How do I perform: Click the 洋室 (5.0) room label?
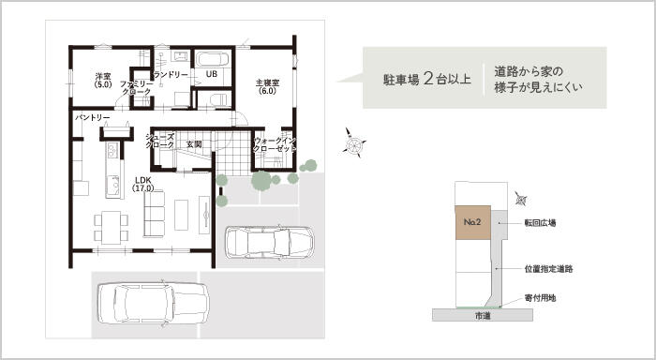pos(103,80)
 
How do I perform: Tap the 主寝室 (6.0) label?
pos(267,86)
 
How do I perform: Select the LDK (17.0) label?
pos(143,184)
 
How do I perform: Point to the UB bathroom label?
pos(212,74)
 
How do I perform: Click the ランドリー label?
pos(171,75)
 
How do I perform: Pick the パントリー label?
pos(93,118)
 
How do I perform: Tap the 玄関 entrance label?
pos(194,144)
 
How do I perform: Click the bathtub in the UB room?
pos(213,59)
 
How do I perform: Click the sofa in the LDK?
pos(154,214)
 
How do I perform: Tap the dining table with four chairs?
pos(111,228)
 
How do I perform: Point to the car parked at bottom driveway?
pos(153,304)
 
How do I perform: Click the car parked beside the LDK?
pos(269,243)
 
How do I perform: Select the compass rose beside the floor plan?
pos(355,143)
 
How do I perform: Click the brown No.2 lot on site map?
pos(472,223)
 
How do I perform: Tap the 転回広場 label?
pos(540,223)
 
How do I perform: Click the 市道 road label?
pos(483,316)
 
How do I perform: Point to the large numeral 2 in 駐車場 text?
pos(428,78)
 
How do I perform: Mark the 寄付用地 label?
pos(540,298)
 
